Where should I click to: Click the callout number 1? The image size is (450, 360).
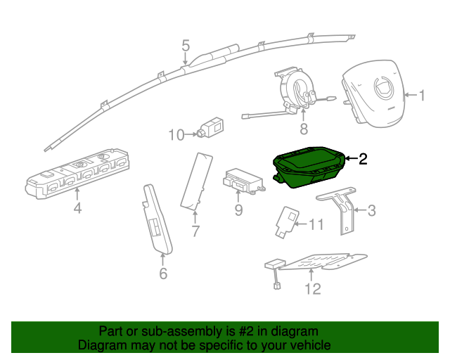[422, 96]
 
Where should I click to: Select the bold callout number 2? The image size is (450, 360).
[363, 159]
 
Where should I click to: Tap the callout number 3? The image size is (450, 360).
[372, 210]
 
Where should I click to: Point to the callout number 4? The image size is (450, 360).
[77, 208]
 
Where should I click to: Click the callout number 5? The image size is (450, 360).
[186, 46]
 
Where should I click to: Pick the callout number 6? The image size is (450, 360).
[163, 273]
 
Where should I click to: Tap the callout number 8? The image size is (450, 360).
[304, 129]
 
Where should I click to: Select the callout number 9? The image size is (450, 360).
[238, 210]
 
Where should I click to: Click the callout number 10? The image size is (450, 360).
[176, 134]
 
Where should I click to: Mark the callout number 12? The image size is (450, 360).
[312, 288]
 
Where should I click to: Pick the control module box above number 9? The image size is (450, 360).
[242, 180]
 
